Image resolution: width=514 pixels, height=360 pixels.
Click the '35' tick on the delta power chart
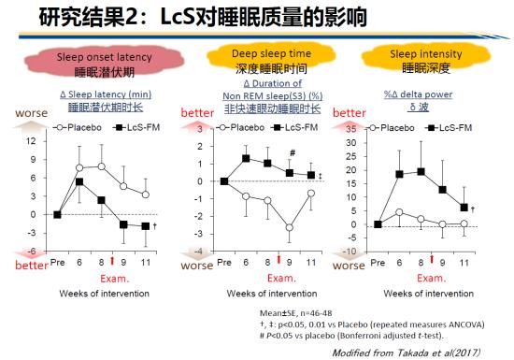[351, 129]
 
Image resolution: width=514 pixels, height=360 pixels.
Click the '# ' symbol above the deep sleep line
[293, 153]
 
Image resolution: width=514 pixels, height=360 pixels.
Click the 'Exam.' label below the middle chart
[281, 278]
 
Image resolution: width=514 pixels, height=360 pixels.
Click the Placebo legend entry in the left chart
[73, 126]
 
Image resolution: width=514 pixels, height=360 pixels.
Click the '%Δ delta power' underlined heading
[418, 94]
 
